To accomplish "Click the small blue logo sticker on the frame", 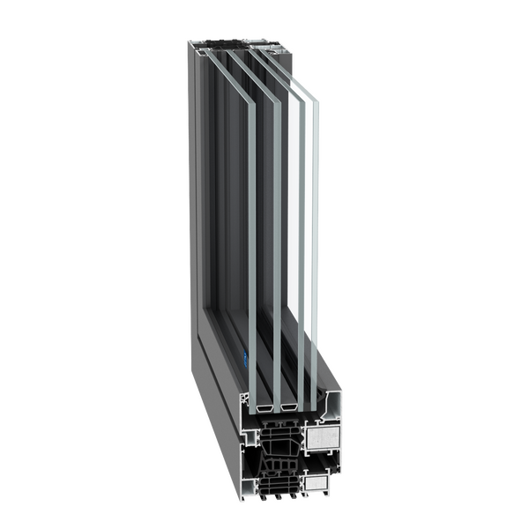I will (x=242, y=358).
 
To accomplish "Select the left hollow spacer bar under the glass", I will (x=264, y=409).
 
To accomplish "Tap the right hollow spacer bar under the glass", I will (x=287, y=410).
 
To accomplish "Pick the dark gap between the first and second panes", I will (x=264, y=264).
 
